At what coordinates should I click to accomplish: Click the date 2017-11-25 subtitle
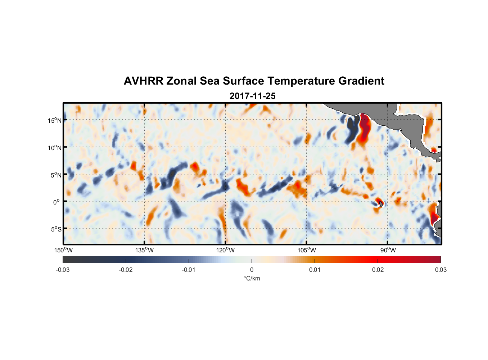pyautogui.click(x=252, y=96)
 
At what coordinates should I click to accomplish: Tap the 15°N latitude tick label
pyautogui.click(x=55, y=120)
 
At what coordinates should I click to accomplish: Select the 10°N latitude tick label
pyautogui.click(x=55, y=148)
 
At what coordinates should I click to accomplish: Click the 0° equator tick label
pyautogui.click(x=57, y=202)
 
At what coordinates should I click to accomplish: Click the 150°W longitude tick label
pyautogui.click(x=64, y=250)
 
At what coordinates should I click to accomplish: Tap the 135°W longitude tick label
pyautogui.click(x=145, y=250)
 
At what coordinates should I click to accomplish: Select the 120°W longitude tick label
pyautogui.click(x=226, y=250)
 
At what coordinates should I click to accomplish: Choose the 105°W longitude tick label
pyautogui.click(x=307, y=250)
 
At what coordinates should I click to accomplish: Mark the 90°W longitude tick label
pyautogui.click(x=388, y=250)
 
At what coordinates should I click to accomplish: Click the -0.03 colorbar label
pyautogui.click(x=63, y=270)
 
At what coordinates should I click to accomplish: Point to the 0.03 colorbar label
pyautogui.click(x=440, y=270)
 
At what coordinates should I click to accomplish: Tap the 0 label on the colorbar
pyautogui.click(x=252, y=270)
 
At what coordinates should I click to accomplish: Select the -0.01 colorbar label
pyautogui.click(x=189, y=270)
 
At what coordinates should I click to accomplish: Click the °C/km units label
pyautogui.click(x=252, y=278)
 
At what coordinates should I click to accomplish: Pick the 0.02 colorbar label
pyautogui.click(x=378, y=270)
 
